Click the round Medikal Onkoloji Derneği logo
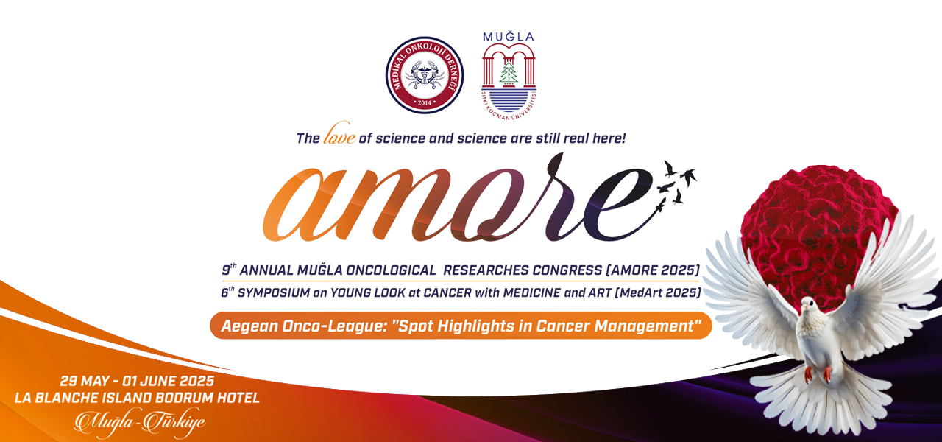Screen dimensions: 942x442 pyautogui.click(x=425, y=75)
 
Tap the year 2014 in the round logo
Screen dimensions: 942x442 pyautogui.click(x=425, y=102)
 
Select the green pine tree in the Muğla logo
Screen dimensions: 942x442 pyautogui.click(x=509, y=72)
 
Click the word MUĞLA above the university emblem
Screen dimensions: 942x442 pyautogui.click(x=509, y=37)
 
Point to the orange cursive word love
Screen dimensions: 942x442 pyautogui.click(x=340, y=134)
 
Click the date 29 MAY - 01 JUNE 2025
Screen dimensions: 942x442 pyautogui.click(x=137, y=381)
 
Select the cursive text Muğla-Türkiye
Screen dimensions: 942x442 pyautogui.click(x=140, y=422)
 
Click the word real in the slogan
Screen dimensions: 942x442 pyautogui.click(x=576, y=138)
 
